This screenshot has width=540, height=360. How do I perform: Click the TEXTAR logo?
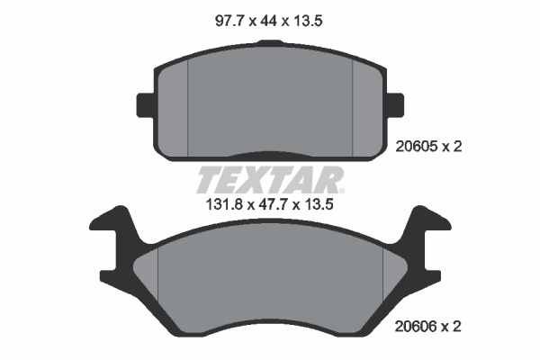click(269, 180)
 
